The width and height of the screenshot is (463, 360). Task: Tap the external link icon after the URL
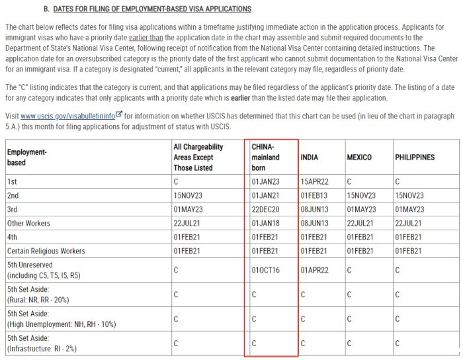(119, 113)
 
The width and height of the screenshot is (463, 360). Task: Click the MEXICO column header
(358, 157)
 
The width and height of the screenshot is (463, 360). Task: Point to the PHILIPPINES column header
(415, 157)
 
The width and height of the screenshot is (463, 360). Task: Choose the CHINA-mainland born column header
(266, 157)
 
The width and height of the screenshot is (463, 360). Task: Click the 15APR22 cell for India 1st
(315, 181)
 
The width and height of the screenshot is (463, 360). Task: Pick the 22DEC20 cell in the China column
(265, 209)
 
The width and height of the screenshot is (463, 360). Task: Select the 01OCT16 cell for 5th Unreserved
(265, 270)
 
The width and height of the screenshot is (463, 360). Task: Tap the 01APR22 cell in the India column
(315, 270)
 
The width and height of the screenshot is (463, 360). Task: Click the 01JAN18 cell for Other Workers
(265, 223)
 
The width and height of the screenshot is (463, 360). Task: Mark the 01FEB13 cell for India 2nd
(314, 195)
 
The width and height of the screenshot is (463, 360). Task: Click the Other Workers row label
(28, 223)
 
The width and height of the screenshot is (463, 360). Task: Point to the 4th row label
(13, 237)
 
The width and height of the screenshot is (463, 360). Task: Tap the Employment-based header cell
(26, 157)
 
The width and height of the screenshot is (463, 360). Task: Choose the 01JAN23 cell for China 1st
(265, 181)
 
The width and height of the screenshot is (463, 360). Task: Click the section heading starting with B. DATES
(147, 9)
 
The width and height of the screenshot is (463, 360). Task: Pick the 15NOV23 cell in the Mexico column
(361, 195)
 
